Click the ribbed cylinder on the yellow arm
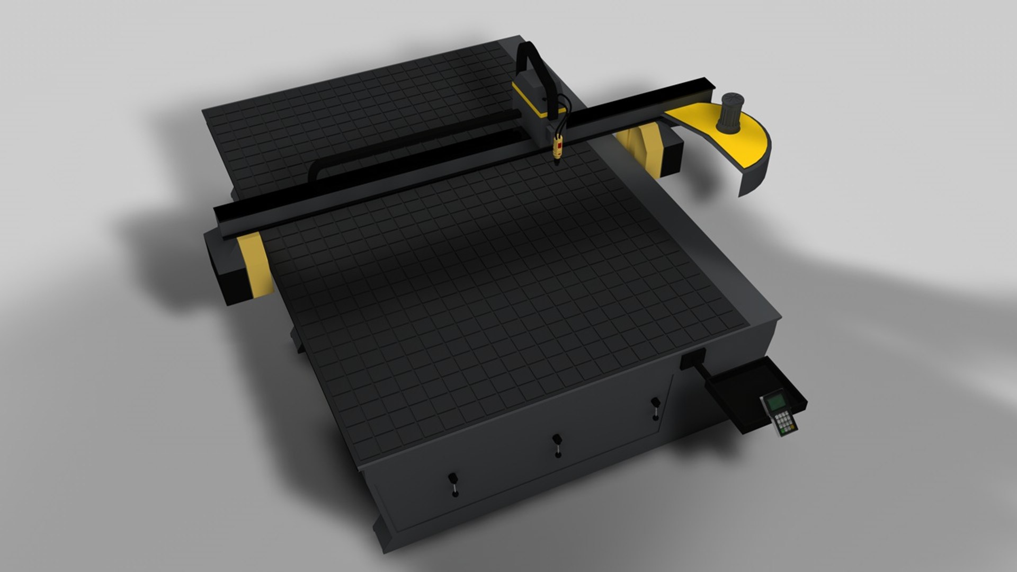(x=731, y=112)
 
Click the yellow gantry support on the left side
(x=257, y=265)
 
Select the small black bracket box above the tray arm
(x=691, y=360)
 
